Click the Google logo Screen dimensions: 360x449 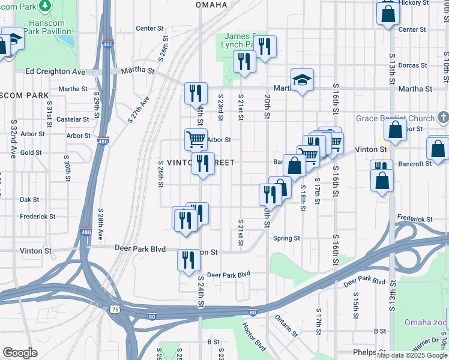(20, 353)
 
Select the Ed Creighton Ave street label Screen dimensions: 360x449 (56, 71)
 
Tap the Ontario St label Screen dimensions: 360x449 (286, 325)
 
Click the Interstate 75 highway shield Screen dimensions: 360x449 (115, 309)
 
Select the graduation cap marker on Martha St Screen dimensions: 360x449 (302, 80)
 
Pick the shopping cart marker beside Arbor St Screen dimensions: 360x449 (196, 139)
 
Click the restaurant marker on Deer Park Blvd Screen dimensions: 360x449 (189, 261)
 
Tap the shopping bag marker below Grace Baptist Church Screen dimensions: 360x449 (396, 130)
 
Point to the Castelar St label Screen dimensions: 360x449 (73, 119)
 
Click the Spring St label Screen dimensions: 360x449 (286, 238)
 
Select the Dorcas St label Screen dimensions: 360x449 (412, 65)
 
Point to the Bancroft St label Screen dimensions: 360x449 (414, 164)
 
